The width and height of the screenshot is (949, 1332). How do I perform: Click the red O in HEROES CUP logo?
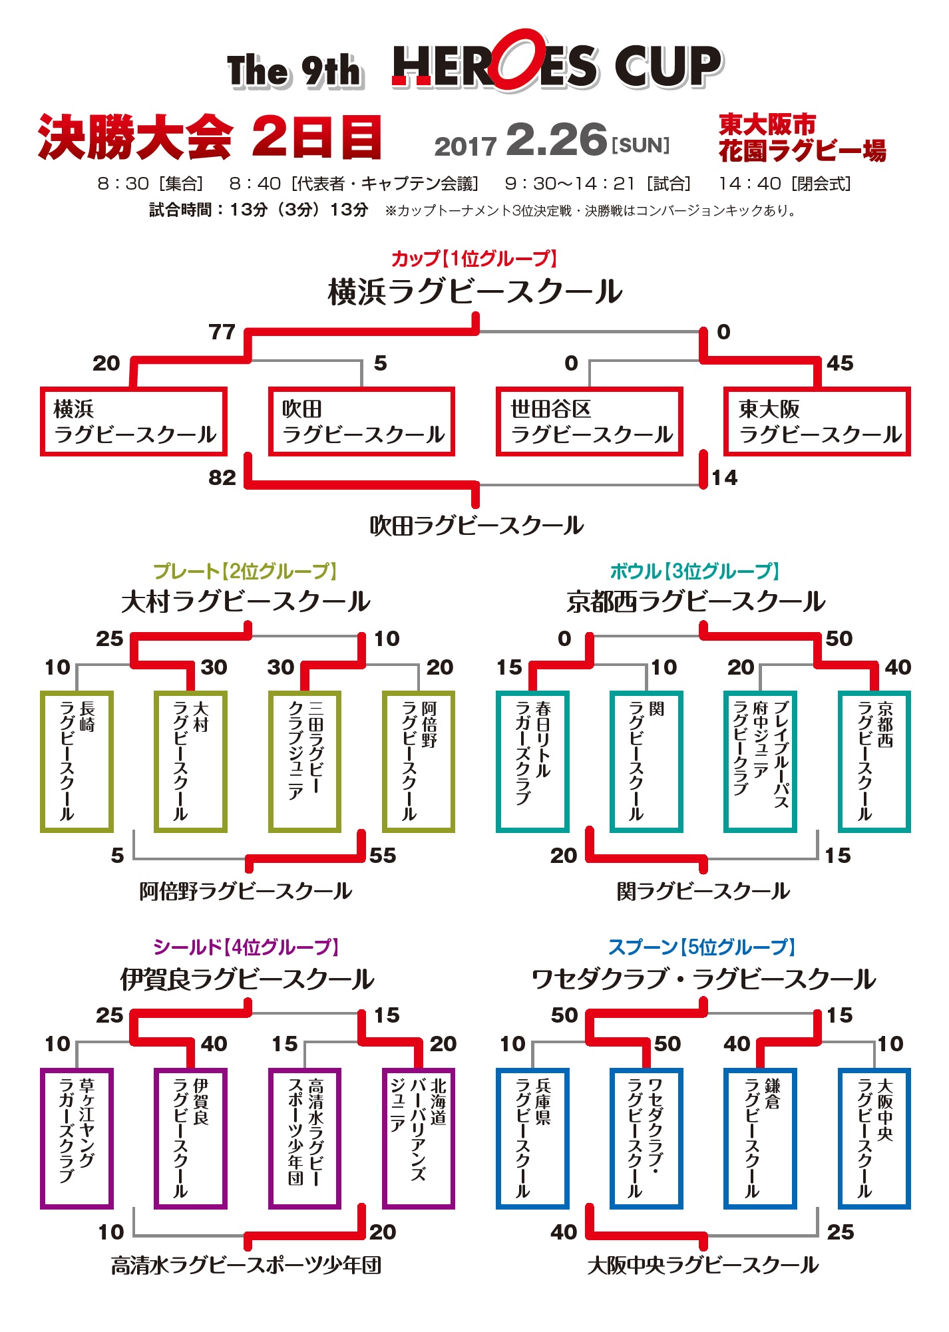tap(520, 61)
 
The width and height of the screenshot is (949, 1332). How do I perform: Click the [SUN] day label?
tap(640, 145)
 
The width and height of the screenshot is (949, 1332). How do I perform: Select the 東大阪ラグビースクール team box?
tap(817, 422)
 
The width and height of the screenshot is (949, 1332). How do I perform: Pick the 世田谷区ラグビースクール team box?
tap(590, 422)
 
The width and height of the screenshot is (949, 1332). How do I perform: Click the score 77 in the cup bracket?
tap(222, 332)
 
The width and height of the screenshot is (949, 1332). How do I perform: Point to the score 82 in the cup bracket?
tap(222, 478)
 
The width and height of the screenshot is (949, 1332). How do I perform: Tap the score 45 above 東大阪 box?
tap(840, 363)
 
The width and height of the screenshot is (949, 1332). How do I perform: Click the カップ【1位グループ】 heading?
tap(474, 258)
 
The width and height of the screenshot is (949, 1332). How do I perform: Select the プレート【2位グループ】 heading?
tap(246, 571)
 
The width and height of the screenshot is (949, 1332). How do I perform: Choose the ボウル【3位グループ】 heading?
tap(694, 571)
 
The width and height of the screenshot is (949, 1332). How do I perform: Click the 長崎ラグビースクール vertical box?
tap(77, 762)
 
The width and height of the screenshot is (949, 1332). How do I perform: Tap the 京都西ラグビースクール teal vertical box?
tap(874, 762)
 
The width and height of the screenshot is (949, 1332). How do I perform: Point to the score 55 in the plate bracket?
tap(383, 855)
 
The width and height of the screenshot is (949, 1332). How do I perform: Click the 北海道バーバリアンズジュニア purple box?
tap(418, 1138)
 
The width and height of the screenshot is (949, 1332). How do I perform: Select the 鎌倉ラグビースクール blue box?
tap(760, 1138)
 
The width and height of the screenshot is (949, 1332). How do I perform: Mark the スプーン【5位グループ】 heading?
tap(701, 947)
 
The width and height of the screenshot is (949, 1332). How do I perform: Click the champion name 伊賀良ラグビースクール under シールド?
tap(247, 979)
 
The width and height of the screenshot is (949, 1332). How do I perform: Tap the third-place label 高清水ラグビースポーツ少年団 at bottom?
tap(246, 1265)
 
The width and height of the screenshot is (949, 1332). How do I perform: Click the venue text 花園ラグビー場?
tap(802, 152)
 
